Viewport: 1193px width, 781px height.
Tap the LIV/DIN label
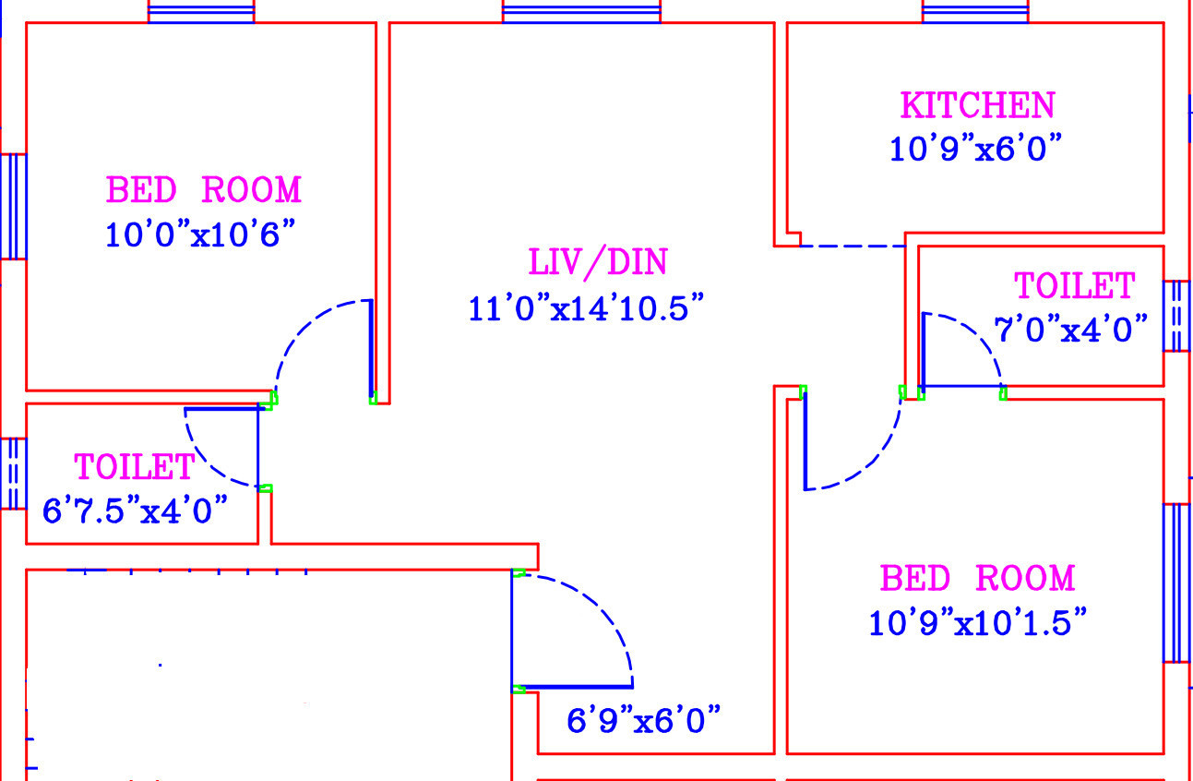[598, 263]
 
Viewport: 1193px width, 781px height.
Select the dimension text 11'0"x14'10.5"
[586, 308]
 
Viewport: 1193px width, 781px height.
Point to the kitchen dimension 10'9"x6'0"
[975, 148]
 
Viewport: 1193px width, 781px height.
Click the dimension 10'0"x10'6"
[200, 234]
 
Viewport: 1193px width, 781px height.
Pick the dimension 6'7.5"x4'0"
[135, 511]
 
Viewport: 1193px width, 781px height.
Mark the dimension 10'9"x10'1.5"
[977, 621]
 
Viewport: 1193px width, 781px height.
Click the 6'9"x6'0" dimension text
[643, 720]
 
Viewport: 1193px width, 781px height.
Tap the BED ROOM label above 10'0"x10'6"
[204, 189]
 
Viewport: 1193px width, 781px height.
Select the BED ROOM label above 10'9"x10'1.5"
[978, 578]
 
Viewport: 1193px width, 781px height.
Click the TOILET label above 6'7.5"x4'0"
[135, 467]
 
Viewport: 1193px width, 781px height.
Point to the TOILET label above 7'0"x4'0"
[1075, 285]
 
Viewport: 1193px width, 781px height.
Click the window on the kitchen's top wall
[975, 12]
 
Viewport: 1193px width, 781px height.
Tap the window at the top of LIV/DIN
[581, 12]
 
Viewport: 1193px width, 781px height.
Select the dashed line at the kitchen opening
[853, 246]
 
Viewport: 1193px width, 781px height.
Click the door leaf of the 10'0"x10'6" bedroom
[371, 349]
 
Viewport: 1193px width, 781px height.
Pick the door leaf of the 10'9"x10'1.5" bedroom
[805, 441]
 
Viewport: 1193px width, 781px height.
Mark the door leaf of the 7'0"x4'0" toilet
[962, 386]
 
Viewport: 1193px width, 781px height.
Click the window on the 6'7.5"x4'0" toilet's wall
[13, 473]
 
